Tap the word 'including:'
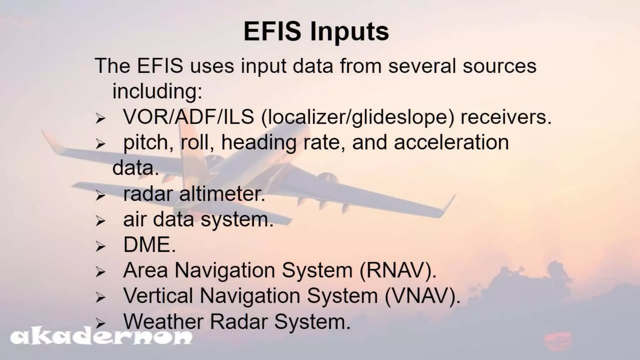157,91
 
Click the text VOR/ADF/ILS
188,117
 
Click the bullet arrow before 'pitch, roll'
100,144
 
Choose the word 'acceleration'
451,142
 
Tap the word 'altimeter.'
222,194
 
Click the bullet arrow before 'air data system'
100,221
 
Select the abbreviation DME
149,245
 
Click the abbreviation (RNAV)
397,270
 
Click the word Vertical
158,296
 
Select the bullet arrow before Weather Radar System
100,323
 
